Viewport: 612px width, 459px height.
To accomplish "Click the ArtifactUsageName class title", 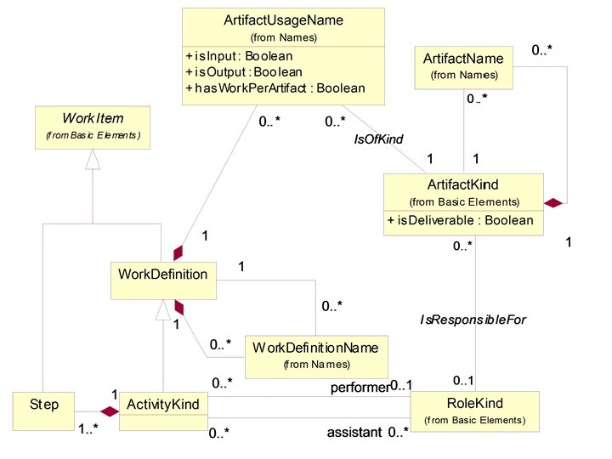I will (283, 20).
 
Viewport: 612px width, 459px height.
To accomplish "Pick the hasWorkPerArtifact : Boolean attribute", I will (275, 88).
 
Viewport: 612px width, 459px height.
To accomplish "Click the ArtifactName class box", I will (463, 66).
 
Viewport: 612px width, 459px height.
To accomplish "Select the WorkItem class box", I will (92, 127).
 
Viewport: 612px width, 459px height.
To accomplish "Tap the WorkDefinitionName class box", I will (316, 355).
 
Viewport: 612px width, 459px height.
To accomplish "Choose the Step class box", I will (44, 411).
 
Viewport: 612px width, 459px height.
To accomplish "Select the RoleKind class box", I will (474, 410).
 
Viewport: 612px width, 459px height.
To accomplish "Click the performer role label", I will (360, 388).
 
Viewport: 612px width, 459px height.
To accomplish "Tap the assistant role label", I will (355, 433).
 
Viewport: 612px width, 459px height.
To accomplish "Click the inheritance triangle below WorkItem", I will (91, 161).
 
